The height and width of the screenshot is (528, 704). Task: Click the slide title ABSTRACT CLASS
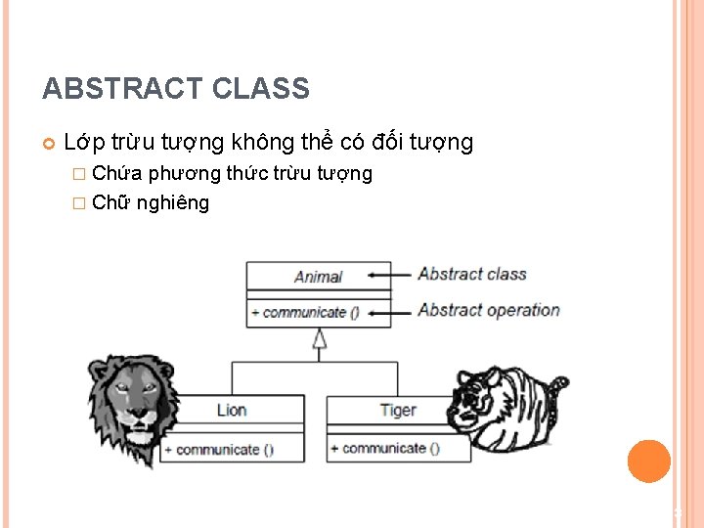tap(176, 89)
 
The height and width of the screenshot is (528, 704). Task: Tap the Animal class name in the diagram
tap(318, 277)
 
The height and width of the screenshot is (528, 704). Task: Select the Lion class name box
tap(232, 411)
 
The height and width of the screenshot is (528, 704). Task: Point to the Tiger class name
tap(397, 411)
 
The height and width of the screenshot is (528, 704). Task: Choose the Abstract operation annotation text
tap(488, 310)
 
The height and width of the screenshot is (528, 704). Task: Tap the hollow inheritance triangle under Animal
tap(319, 339)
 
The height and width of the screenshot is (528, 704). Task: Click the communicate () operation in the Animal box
tap(305, 313)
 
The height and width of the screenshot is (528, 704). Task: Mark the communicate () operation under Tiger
tap(385, 449)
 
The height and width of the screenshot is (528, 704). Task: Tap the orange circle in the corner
tap(648, 462)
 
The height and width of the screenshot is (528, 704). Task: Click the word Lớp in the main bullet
tap(82, 143)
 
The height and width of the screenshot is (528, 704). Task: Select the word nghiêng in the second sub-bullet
tap(173, 202)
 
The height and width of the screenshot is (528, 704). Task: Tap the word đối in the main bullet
tap(388, 143)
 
